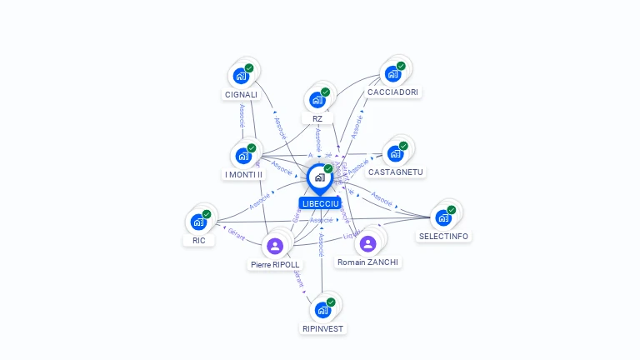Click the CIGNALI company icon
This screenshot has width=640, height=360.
(x=242, y=76)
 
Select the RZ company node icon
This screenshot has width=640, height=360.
(x=317, y=100)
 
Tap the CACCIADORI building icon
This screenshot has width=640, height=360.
(x=392, y=74)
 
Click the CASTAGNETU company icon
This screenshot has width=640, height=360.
(x=395, y=153)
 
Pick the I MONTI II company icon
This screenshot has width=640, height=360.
(x=243, y=156)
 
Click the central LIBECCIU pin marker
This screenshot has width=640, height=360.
(x=319, y=178)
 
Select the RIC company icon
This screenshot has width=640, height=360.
(x=198, y=222)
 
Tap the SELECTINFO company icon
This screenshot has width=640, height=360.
(x=443, y=217)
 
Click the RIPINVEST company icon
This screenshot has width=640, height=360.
(x=322, y=310)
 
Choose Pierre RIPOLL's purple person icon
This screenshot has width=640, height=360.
(x=275, y=246)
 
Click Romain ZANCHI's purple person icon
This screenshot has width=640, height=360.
(x=367, y=242)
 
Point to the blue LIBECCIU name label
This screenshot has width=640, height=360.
(x=320, y=203)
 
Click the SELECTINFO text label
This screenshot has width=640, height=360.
(x=443, y=237)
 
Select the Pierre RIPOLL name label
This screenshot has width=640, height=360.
(x=275, y=265)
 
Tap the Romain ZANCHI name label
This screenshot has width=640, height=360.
(x=367, y=262)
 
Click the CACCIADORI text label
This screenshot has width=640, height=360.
(x=393, y=92)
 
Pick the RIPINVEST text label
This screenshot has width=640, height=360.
(x=322, y=328)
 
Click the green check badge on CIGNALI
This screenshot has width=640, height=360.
(x=249, y=68)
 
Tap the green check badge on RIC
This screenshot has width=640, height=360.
(x=207, y=214)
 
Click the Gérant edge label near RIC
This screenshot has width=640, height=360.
(x=236, y=234)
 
